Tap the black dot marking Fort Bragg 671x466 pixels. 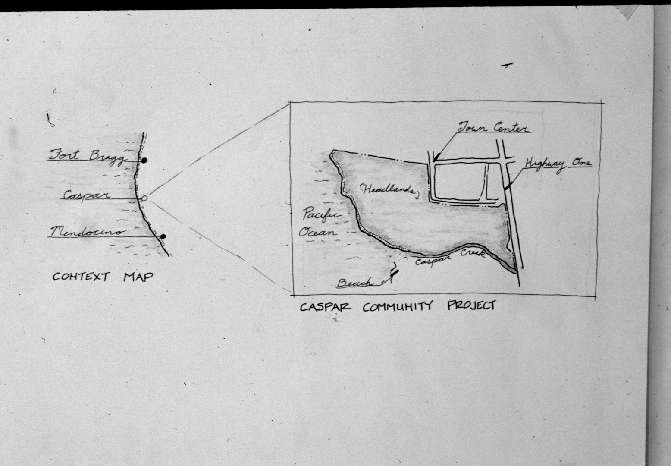point(144,161)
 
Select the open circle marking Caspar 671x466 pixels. point(144,198)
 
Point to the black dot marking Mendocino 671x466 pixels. point(163,237)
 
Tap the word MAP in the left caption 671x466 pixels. point(138,277)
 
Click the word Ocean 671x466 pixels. point(317,232)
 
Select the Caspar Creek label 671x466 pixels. point(450,258)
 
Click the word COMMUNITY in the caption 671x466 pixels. point(398,307)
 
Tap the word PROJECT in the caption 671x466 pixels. point(472,305)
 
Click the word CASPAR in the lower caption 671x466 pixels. point(325,307)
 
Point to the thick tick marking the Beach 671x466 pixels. point(394,273)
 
